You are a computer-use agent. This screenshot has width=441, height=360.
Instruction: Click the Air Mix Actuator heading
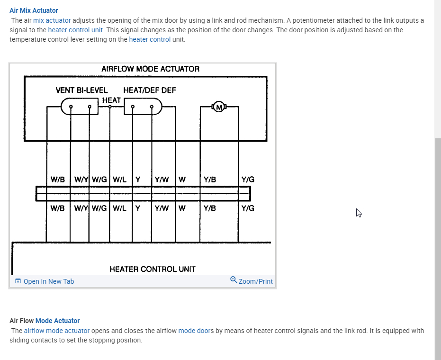(34, 10)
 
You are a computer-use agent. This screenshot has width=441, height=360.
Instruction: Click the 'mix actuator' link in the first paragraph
(52, 20)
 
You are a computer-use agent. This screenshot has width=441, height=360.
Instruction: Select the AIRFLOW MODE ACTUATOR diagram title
(150, 69)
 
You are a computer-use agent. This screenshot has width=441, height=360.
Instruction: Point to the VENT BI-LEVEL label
(81, 90)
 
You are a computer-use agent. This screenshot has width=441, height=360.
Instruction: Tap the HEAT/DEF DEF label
(149, 90)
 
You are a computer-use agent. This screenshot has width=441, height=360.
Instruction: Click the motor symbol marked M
(219, 107)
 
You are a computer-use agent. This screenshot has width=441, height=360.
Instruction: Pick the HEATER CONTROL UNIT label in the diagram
(152, 269)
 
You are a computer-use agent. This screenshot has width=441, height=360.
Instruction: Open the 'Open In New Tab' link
(48, 281)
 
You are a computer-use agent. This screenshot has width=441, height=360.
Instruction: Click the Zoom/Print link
(256, 281)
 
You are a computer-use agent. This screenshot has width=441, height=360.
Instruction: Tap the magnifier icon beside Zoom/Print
(234, 280)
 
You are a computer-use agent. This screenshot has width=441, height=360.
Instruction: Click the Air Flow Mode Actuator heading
(45, 321)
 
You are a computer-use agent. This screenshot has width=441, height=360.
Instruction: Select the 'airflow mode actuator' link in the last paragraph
(57, 331)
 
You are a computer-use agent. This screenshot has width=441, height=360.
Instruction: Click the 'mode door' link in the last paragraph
(194, 331)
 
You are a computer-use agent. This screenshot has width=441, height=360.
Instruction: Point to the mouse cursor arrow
(359, 213)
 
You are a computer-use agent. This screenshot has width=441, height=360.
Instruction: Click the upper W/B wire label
(58, 180)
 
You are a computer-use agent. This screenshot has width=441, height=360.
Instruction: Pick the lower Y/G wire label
(248, 208)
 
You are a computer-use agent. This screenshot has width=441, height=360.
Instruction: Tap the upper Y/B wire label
(210, 180)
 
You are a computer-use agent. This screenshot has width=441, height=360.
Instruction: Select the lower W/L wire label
(119, 208)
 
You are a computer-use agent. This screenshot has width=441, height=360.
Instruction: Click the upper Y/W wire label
(162, 180)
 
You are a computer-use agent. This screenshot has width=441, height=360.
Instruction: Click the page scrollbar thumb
(438, 246)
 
